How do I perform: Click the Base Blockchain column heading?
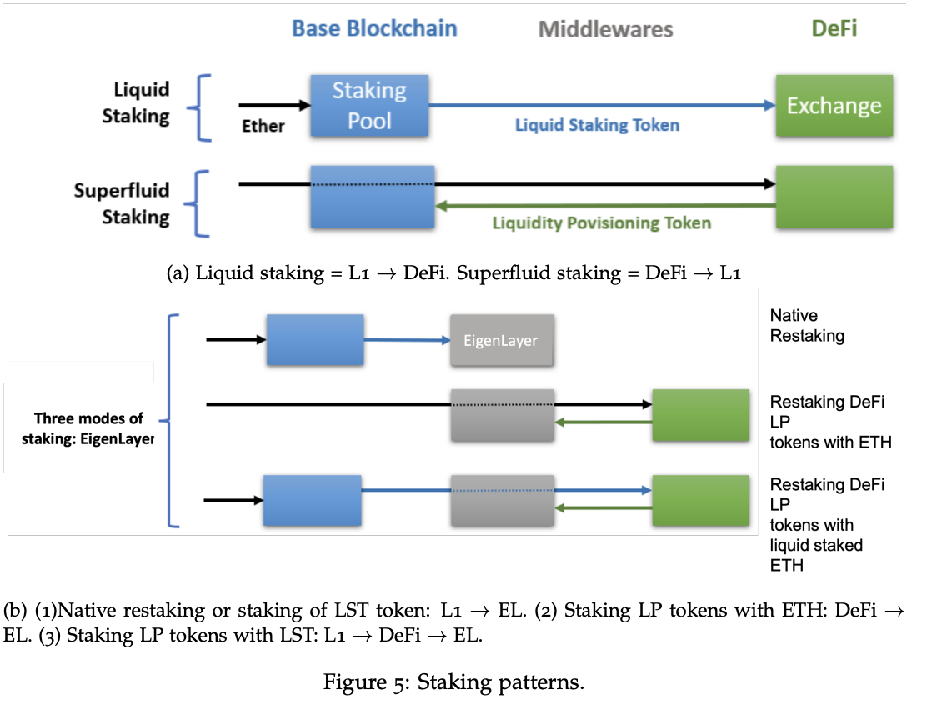[373, 28]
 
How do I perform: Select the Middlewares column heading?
[605, 30]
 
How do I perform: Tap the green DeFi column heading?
[834, 28]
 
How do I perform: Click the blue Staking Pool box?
[369, 105]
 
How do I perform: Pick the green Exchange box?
[834, 106]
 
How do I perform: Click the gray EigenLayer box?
[502, 340]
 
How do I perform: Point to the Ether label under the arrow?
[263, 126]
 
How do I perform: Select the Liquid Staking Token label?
[597, 126]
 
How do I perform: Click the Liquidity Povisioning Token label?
[601, 222]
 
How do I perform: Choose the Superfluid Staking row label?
[122, 203]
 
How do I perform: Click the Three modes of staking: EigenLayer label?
[88, 428]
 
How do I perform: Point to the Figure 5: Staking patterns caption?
[454, 683]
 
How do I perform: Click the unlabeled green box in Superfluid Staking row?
[834, 197]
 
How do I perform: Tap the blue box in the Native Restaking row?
[314, 340]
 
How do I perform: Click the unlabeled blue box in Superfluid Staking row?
[372, 197]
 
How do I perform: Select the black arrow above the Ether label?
[273, 106]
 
